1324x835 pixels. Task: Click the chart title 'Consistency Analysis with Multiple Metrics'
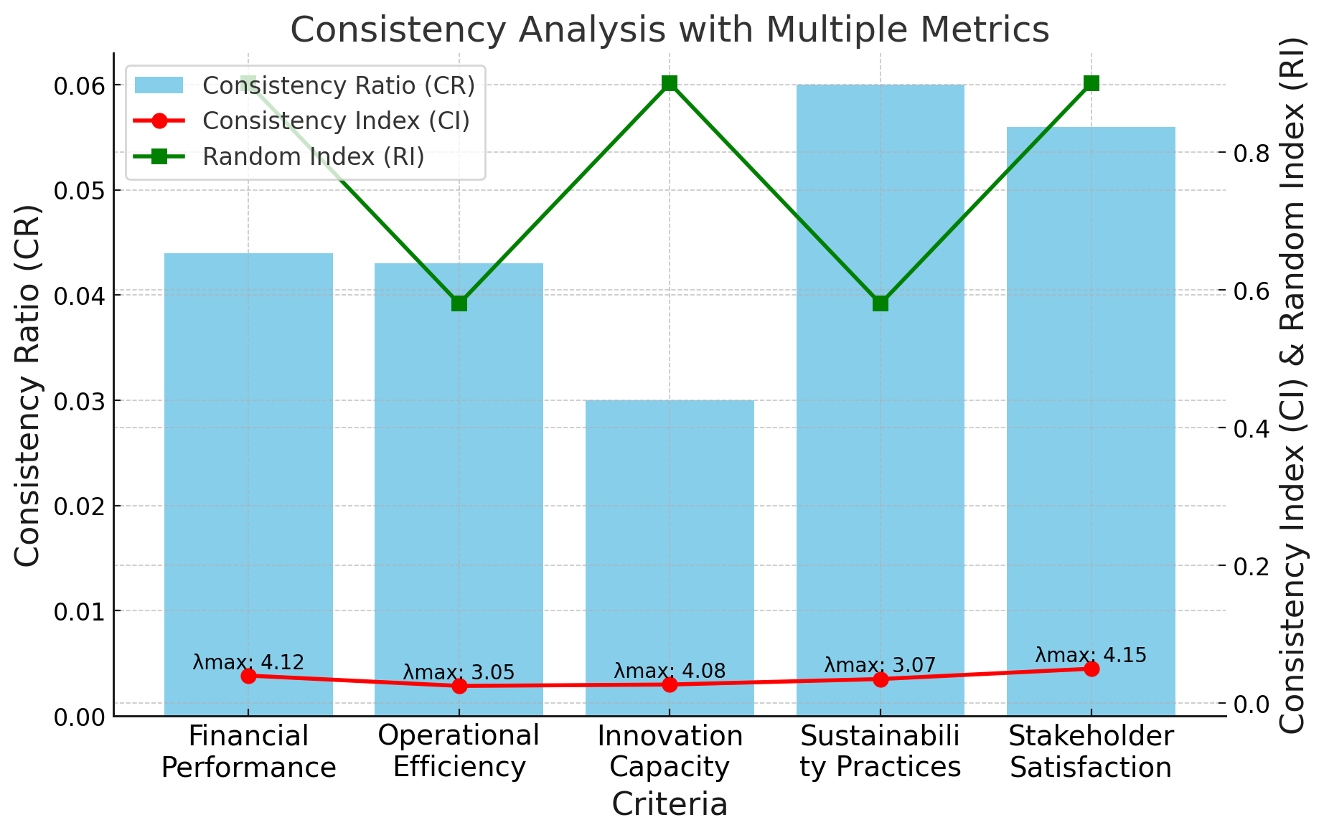[x=669, y=30]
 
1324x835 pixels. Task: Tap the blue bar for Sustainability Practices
[x=880, y=430]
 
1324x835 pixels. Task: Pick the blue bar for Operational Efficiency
[x=459, y=488]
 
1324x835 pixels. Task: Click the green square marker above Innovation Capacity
[x=670, y=84]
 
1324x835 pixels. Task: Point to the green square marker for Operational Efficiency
[x=459, y=303]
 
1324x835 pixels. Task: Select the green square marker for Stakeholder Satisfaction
[x=1091, y=84]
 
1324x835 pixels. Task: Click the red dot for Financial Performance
[x=248, y=676]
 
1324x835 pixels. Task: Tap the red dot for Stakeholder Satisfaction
[x=1091, y=669]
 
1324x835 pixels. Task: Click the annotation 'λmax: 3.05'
[x=459, y=672]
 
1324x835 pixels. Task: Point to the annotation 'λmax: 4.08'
[x=670, y=671]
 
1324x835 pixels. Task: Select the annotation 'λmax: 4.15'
[x=1090, y=655]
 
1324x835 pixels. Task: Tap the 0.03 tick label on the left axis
[x=79, y=401]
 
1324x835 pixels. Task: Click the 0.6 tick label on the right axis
[x=1252, y=291]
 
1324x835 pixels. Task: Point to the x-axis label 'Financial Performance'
[x=248, y=752]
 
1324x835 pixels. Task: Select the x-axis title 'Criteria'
[x=670, y=804]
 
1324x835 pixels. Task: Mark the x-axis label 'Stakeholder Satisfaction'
[x=1091, y=752]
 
